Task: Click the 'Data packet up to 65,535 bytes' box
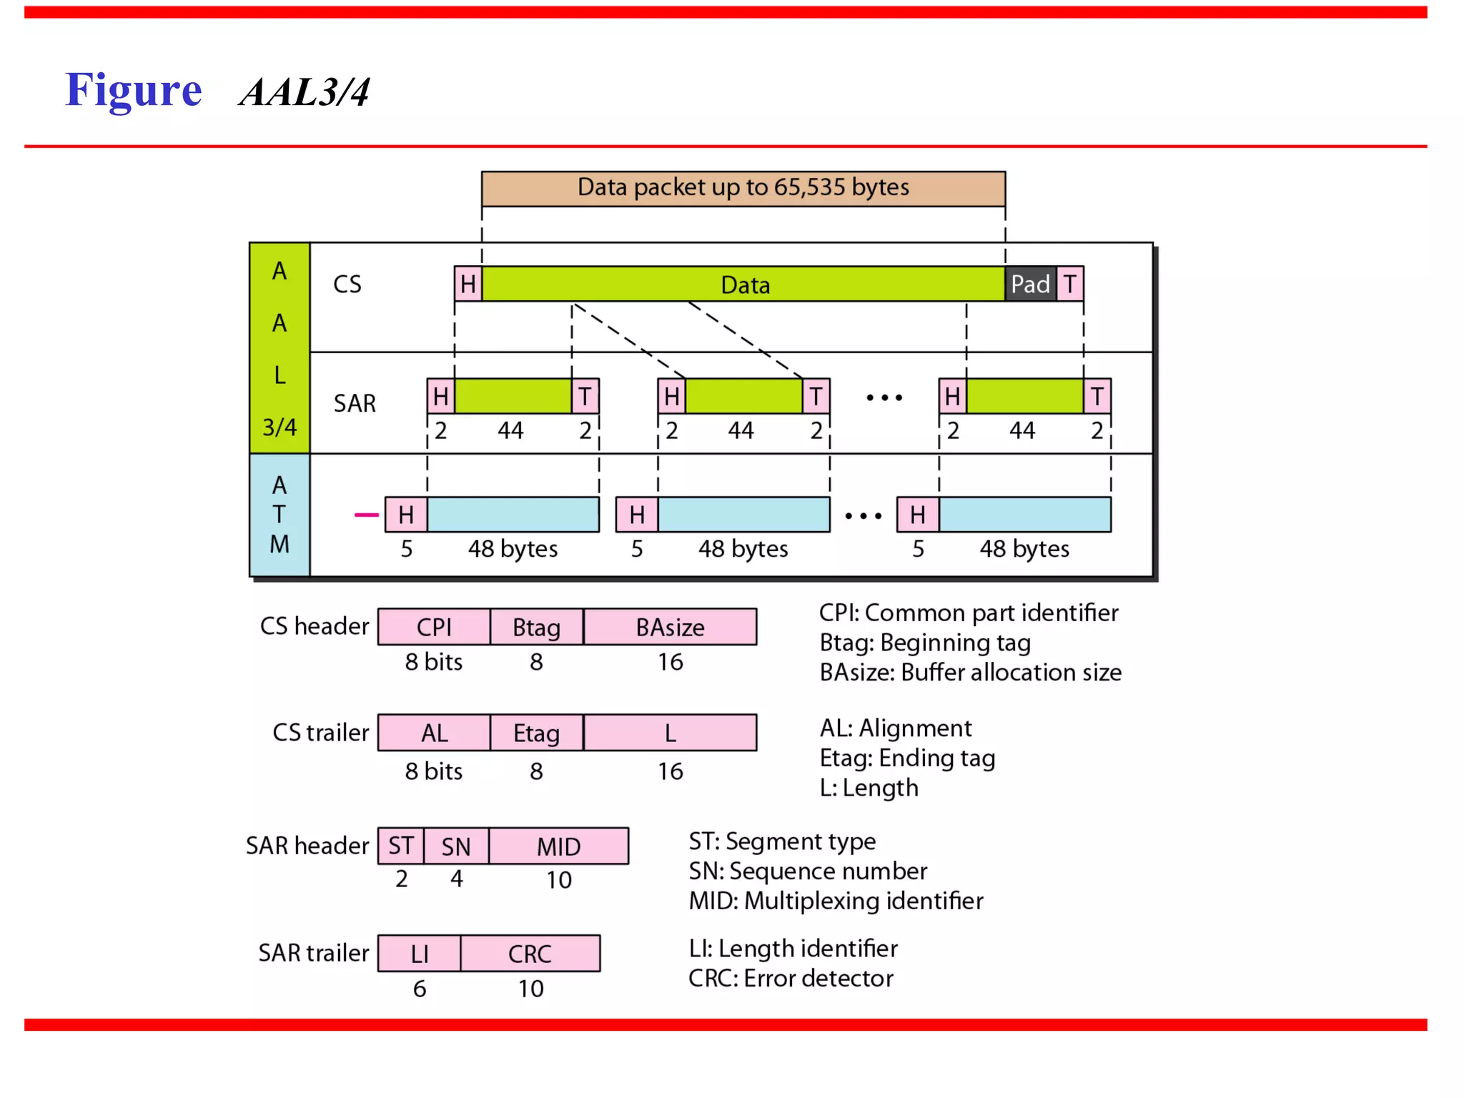coord(743,188)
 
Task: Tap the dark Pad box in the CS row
coord(1030,284)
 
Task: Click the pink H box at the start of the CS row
coord(468,284)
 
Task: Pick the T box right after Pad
coord(1069,284)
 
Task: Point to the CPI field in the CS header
coord(434,627)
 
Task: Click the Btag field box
coord(537,627)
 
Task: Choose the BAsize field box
coord(670,627)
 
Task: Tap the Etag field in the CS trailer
coord(537,733)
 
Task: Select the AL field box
coord(434,733)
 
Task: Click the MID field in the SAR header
coord(559,846)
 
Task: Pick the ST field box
coord(401,846)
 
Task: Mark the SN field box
coord(456,846)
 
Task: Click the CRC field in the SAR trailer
coord(530,954)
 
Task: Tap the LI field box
coord(420,954)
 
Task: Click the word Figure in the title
coord(134,91)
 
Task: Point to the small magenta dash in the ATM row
coord(367,515)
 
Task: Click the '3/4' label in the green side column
coord(280,427)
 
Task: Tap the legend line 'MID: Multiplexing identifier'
coord(836,901)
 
